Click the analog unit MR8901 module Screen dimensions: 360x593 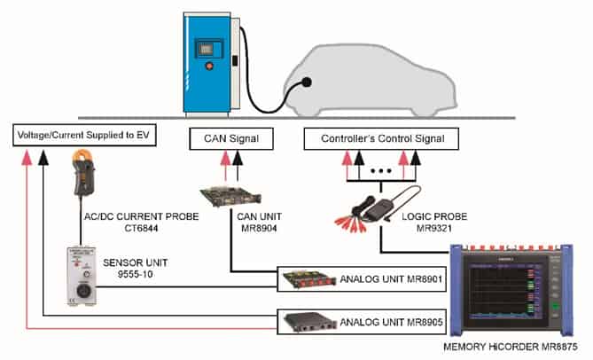pyautogui.click(x=307, y=281)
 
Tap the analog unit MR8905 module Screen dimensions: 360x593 pyautogui.click(x=307, y=323)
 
